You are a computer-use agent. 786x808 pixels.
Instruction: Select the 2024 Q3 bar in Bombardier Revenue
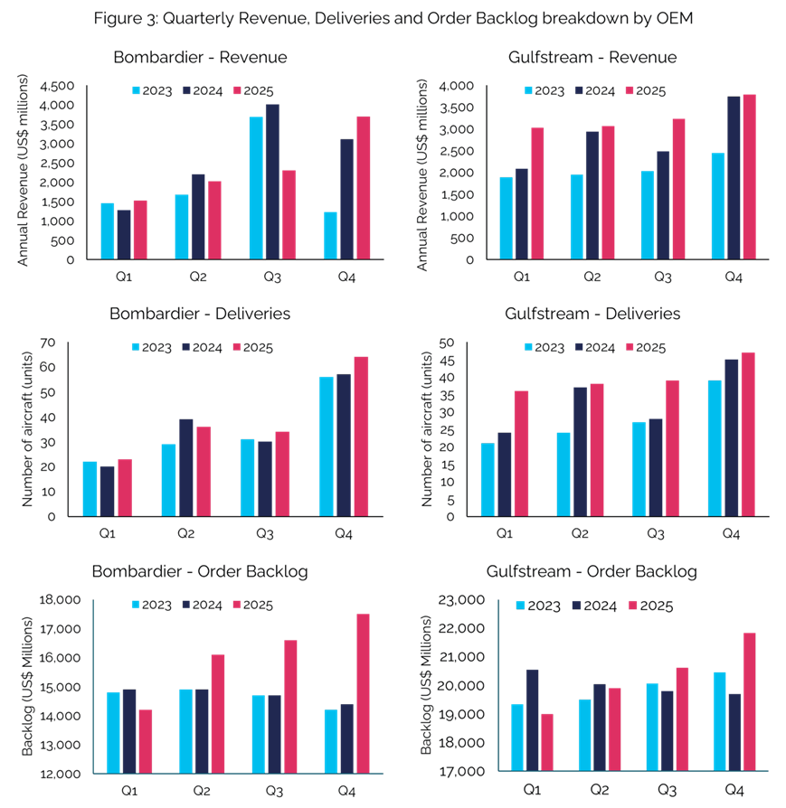coord(271,182)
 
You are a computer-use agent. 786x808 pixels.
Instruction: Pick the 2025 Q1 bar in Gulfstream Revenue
coord(538,193)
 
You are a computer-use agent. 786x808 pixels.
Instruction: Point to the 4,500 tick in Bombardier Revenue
coord(60,86)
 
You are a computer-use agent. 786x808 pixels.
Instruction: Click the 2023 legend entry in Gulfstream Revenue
coord(545,91)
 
